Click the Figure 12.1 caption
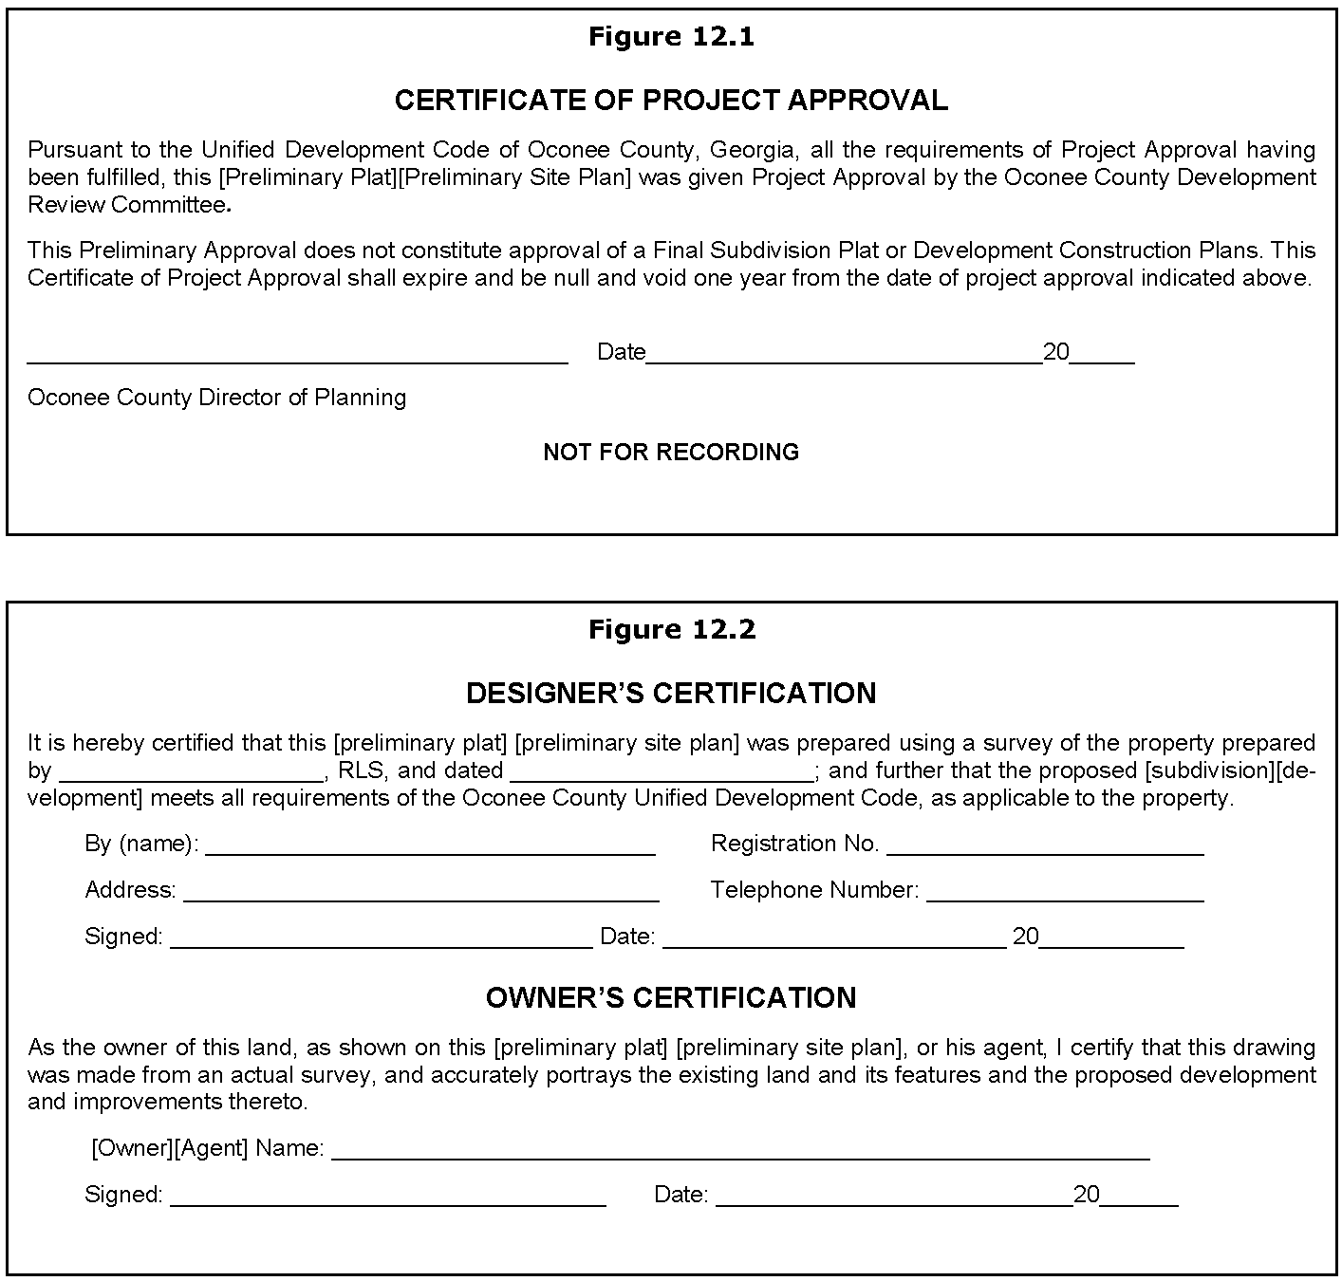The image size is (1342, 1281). pos(671,37)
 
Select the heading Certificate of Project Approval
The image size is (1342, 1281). pos(671,101)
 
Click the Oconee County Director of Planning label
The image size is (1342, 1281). pos(216,398)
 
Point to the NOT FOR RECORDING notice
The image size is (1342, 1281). pos(671,453)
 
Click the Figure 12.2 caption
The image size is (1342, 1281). pos(671,630)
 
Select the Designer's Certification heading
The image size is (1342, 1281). pos(671,694)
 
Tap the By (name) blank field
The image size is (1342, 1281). pos(430,850)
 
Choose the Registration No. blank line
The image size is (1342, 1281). pos(1045,850)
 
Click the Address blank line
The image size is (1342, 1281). pos(420,897)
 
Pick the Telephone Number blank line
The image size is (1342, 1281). pos(1065,897)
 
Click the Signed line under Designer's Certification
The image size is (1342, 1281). pos(381,943)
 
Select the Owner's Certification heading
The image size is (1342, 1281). pos(671,998)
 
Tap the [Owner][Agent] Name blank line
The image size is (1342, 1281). pos(740,1155)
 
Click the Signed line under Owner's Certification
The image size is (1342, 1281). pos(387,1201)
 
